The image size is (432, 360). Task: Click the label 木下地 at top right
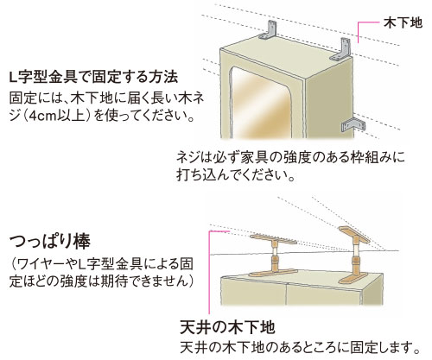[x=403, y=22]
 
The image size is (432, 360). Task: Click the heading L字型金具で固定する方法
[x=93, y=77]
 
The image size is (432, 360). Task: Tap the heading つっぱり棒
[x=50, y=241]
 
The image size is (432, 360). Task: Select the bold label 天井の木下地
[x=227, y=327]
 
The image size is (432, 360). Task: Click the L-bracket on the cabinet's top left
[x=269, y=30]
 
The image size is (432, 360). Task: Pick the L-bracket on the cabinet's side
[x=353, y=125]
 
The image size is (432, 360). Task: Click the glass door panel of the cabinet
[x=260, y=103]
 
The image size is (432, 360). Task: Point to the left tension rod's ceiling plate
[x=273, y=239]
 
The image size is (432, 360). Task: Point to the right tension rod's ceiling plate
[x=354, y=235]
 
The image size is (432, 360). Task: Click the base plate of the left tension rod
[x=273, y=273]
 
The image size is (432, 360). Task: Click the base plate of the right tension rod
[x=354, y=279]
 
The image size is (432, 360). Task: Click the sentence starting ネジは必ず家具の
[x=290, y=158]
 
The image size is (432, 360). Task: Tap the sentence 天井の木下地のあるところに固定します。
[x=300, y=348]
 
